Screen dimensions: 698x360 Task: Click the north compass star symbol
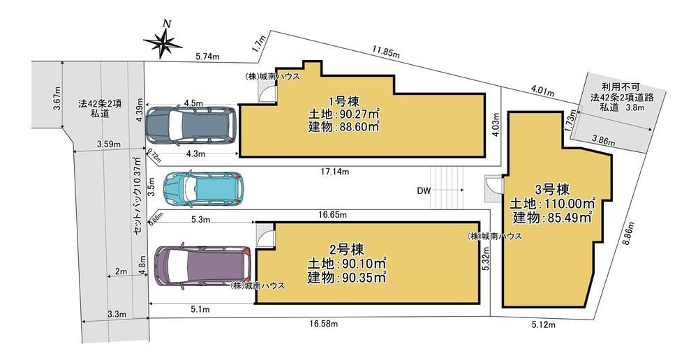[x=163, y=43]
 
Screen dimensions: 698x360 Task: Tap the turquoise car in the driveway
[x=203, y=189]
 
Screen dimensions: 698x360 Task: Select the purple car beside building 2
[x=203, y=266]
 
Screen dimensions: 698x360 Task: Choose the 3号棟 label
[x=552, y=190]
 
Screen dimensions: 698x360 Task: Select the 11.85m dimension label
[x=386, y=52]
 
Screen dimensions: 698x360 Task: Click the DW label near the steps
[x=424, y=191]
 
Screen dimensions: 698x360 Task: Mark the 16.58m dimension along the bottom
[x=324, y=324]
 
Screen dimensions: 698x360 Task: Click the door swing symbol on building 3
[x=493, y=185]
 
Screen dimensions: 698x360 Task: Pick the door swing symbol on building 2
[x=265, y=233]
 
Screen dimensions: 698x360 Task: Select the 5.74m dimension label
[x=208, y=57]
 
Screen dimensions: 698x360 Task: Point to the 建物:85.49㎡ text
[x=552, y=218]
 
